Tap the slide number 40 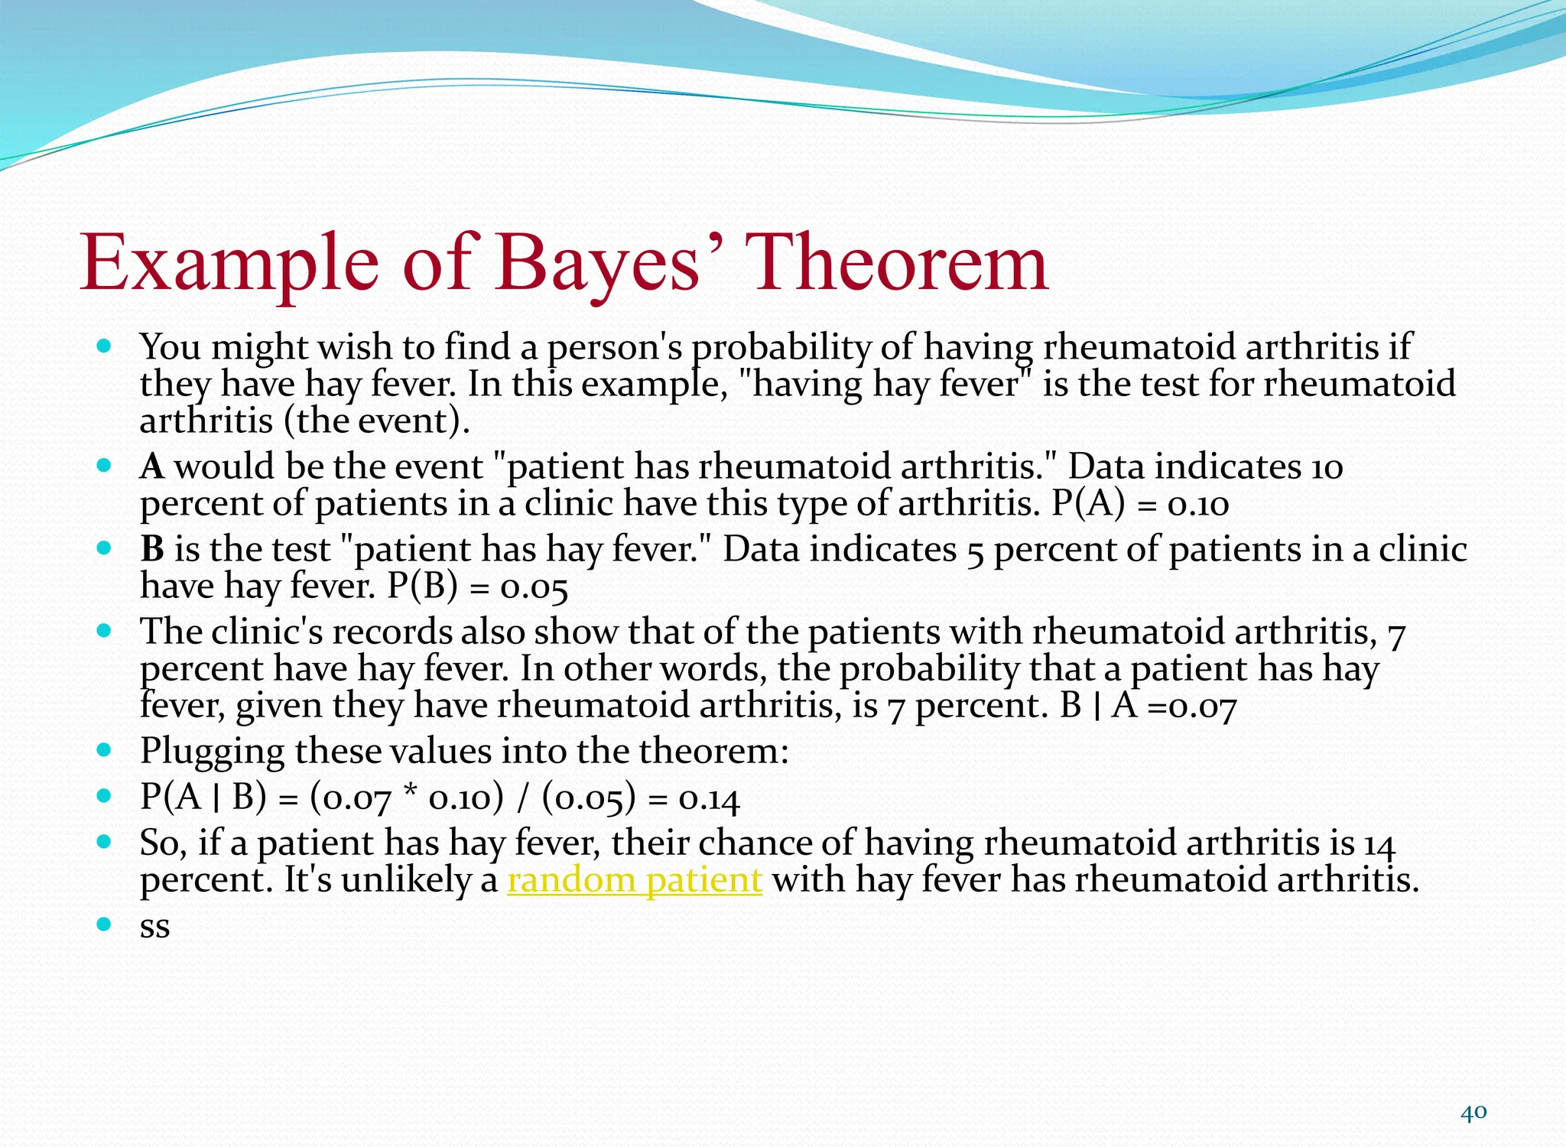coord(1473,1113)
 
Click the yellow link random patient coord(635,880)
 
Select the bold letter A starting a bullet coord(152,466)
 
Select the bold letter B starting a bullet coord(152,549)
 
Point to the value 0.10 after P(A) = coord(1198,505)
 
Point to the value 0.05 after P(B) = coord(534,587)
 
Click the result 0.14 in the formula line coord(709,799)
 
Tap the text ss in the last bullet coord(154,928)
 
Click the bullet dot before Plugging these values coord(105,750)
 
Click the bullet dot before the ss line coord(105,924)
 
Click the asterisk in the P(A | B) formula coord(409,795)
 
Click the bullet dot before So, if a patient coord(105,842)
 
